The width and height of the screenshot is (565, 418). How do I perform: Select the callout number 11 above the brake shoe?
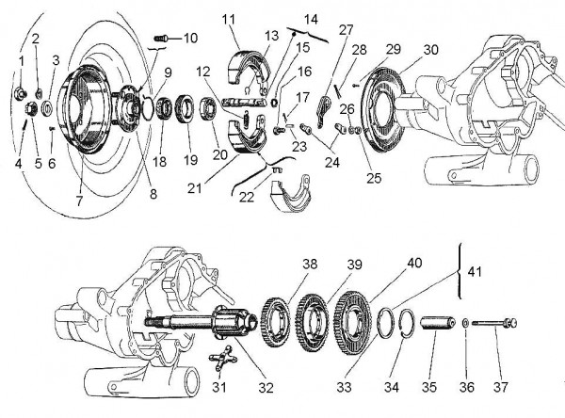point(229,20)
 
